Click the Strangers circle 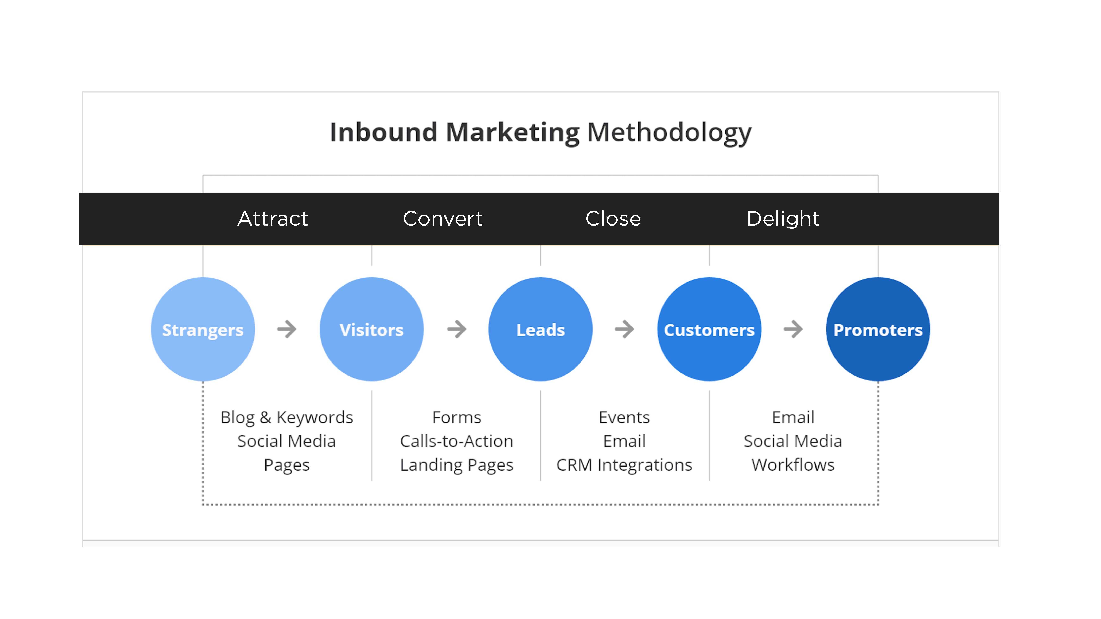203,329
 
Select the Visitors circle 372,329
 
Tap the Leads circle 541,329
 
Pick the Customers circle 710,329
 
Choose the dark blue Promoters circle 878,329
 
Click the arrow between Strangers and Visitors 287,329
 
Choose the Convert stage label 443,219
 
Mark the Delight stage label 783,219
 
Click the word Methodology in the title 669,133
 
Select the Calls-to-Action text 456,441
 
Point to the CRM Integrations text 624,465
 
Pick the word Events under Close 624,417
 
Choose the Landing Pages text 456,465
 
